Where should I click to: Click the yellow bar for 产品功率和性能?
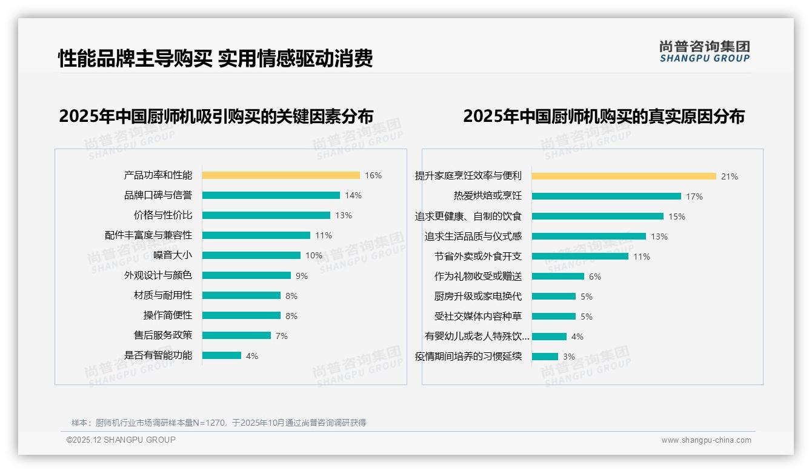(x=281, y=175)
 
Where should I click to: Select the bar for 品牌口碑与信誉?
(x=271, y=195)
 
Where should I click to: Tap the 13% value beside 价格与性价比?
(x=344, y=215)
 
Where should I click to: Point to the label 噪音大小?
(x=173, y=255)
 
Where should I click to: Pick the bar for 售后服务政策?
(x=236, y=335)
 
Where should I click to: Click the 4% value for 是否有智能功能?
(x=252, y=356)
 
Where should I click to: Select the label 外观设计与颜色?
(x=158, y=275)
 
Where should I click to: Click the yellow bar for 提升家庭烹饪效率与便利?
(x=624, y=176)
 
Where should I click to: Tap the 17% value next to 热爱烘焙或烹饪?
(x=694, y=196)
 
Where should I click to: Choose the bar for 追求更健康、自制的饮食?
(x=597, y=216)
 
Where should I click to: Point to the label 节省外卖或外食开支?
(x=478, y=257)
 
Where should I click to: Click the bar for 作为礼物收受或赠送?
(x=558, y=277)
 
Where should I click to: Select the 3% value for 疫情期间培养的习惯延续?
(x=569, y=357)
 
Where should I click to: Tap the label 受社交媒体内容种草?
(x=478, y=317)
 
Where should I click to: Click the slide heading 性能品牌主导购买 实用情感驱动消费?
(x=215, y=58)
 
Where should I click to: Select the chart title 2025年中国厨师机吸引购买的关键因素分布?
(x=216, y=116)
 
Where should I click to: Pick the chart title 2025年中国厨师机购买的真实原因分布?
(x=604, y=116)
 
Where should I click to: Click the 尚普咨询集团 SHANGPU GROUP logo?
(x=705, y=52)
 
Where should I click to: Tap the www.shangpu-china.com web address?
(x=706, y=440)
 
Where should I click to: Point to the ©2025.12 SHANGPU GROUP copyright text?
(x=121, y=440)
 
